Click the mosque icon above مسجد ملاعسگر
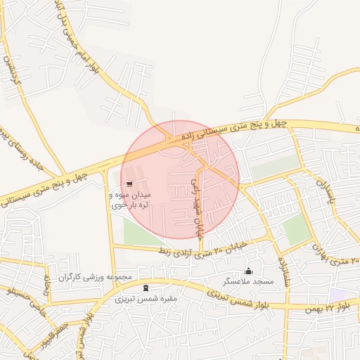[x=247, y=271]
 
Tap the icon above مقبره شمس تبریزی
[x=146, y=288]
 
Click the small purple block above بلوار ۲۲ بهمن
[x=338, y=293]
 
